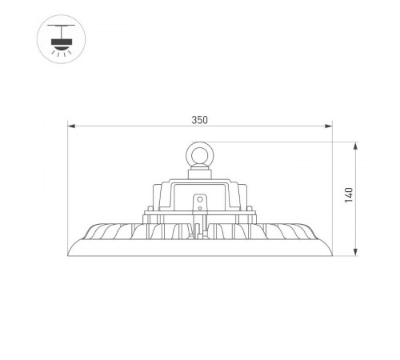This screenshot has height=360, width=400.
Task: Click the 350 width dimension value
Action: pos(199,120)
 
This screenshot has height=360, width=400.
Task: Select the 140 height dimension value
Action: pos(348,196)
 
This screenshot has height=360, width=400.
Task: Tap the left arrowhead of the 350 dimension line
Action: pos(71,126)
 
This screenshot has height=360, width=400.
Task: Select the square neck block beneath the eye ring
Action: pos(198,170)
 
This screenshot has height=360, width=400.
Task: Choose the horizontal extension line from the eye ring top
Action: pos(280,142)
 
